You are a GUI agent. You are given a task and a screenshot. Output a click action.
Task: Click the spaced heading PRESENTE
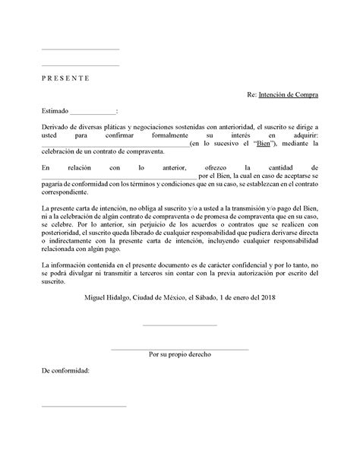[65, 78]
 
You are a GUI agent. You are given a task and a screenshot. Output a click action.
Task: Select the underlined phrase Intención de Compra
[288, 95]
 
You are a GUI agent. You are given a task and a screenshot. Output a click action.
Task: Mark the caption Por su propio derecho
[180, 355]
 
